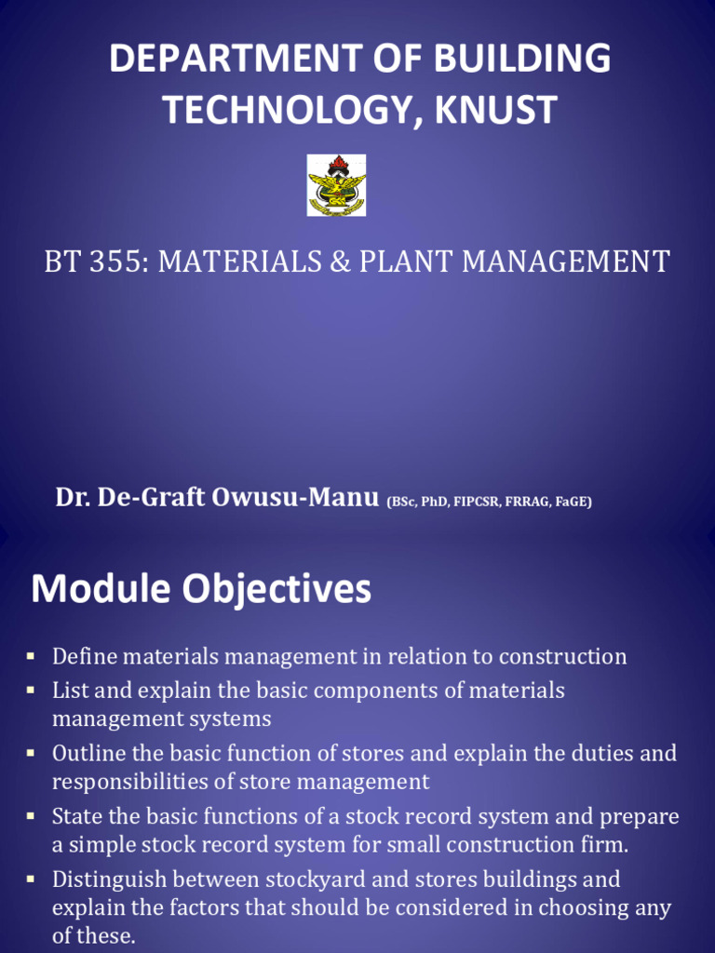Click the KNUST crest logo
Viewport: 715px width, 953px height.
337,185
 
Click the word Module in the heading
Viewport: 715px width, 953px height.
101,589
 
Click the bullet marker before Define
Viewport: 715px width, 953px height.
31,656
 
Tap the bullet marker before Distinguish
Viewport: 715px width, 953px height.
31,879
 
